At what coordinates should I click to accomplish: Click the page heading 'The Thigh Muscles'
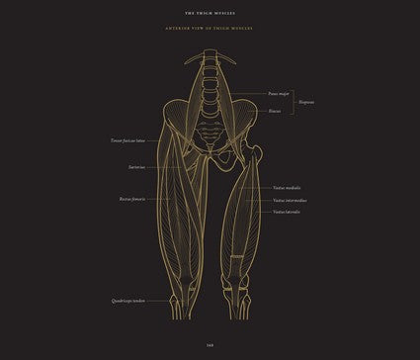click(210, 14)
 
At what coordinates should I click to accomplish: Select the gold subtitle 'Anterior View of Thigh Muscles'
click(210, 40)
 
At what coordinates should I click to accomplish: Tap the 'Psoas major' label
click(278, 94)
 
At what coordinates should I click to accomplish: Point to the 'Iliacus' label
click(274, 111)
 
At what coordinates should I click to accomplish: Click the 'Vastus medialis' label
click(287, 187)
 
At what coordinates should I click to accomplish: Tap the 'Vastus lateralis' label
click(287, 211)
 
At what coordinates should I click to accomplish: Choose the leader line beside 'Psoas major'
click(247, 94)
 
